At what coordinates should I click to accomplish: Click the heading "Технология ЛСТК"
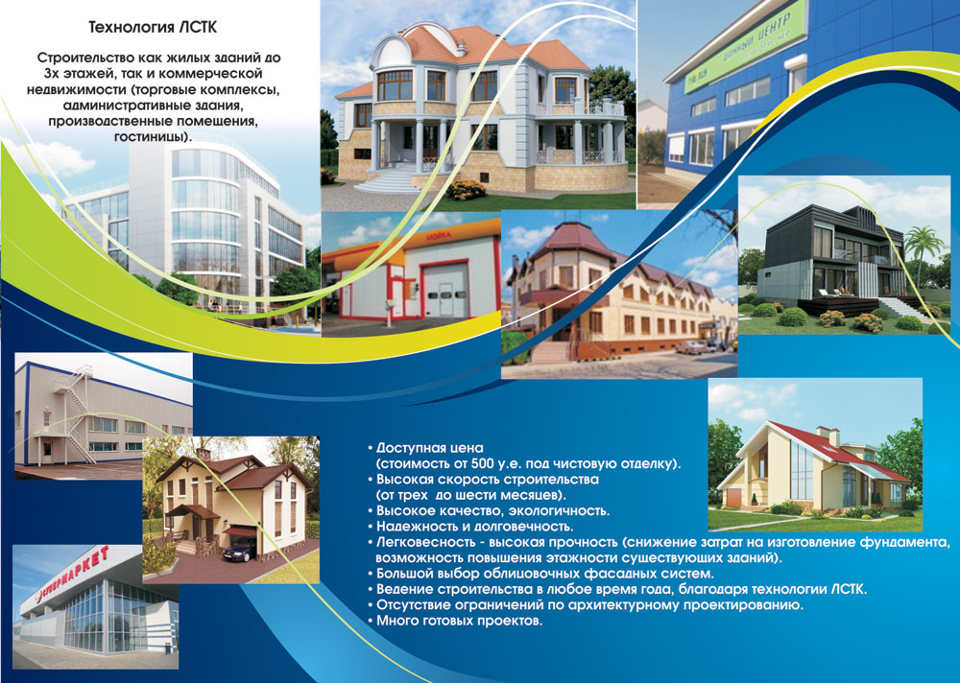tap(153, 28)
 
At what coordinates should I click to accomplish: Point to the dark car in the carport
tap(239, 551)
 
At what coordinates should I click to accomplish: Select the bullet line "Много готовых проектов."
tap(459, 622)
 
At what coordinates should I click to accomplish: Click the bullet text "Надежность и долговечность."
tap(474, 527)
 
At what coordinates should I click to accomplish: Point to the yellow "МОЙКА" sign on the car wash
tap(438, 235)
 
